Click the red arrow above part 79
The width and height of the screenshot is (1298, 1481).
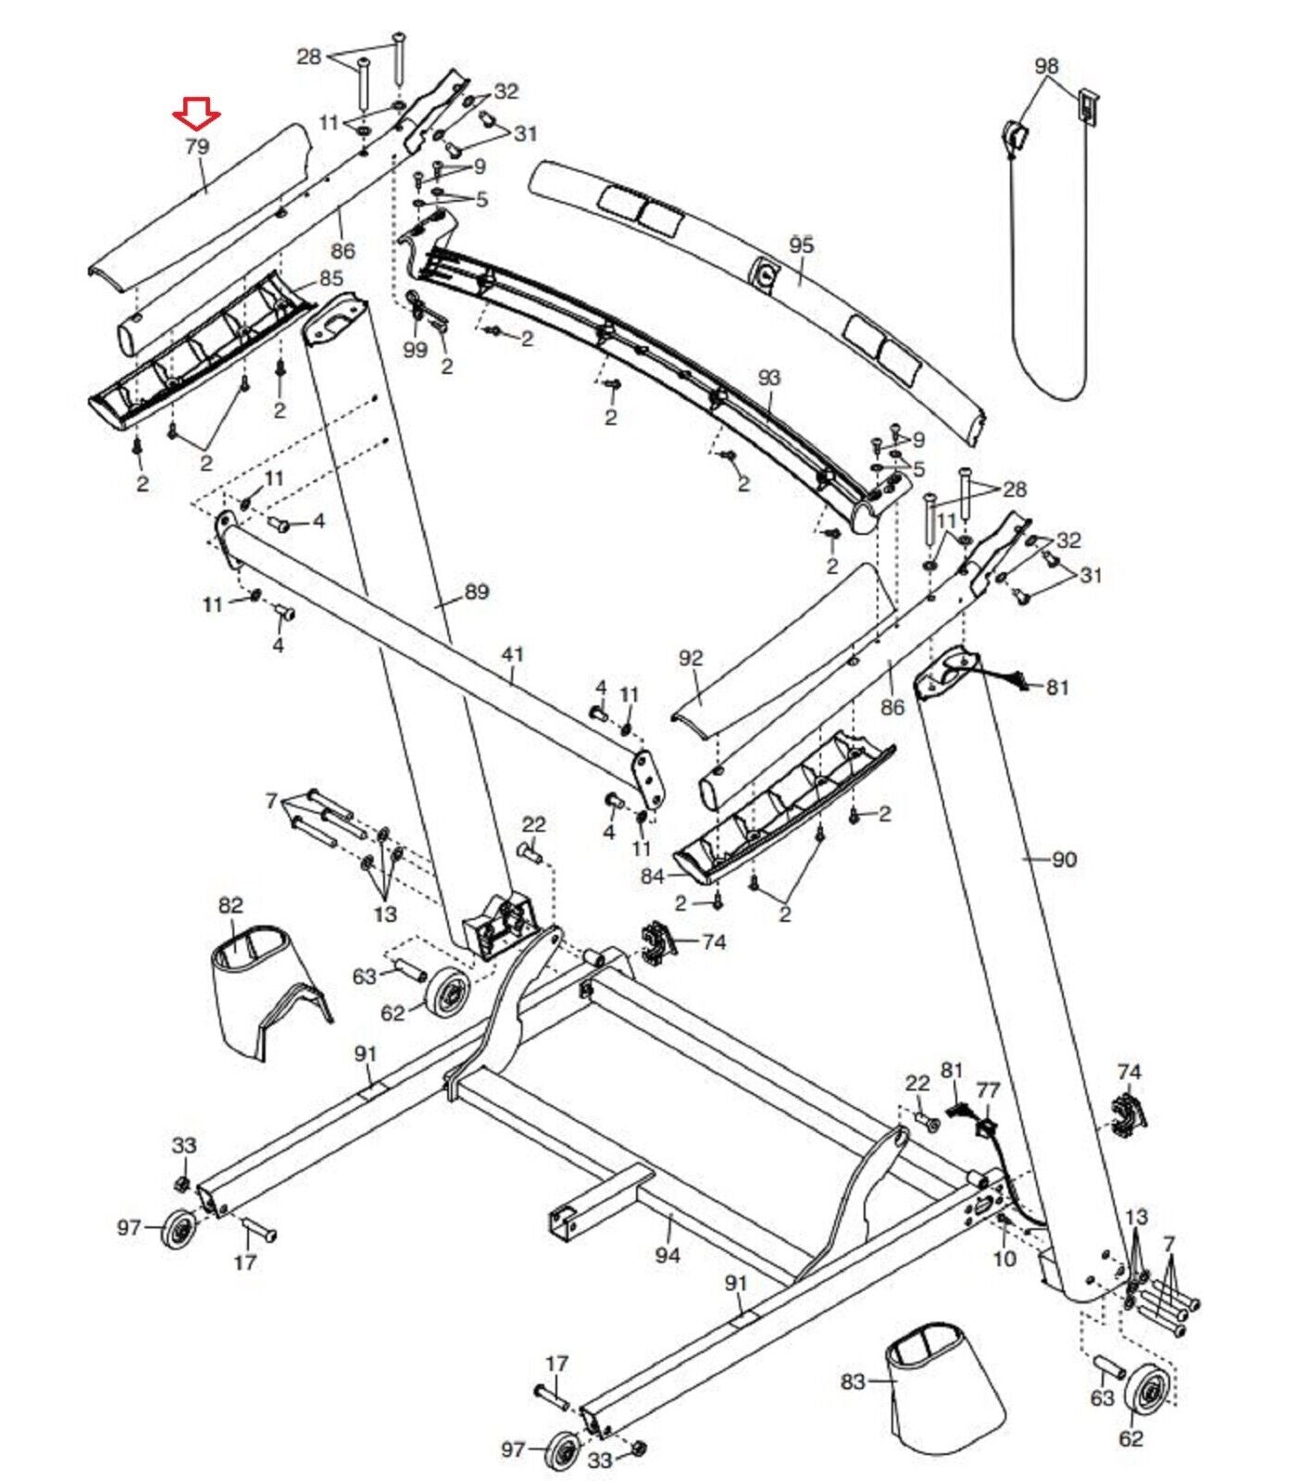pyautogui.click(x=196, y=114)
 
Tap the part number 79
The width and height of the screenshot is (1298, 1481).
pyautogui.click(x=196, y=146)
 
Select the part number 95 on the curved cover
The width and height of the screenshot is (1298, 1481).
pyautogui.click(x=801, y=245)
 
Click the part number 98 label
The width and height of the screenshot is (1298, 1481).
pyautogui.click(x=1046, y=67)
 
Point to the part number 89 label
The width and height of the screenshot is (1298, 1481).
pyautogui.click(x=476, y=591)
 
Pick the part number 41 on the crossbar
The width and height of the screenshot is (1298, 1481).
pyautogui.click(x=512, y=654)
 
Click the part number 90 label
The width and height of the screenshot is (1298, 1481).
pyautogui.click(x=1064, y=859)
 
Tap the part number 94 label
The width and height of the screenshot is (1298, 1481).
pyautogui.click(x=667, y=1255)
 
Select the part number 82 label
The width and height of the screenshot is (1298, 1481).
pyautogui.click(x=231, y=905)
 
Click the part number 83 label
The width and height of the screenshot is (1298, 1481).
pyautogui.click(x=853, y=1382)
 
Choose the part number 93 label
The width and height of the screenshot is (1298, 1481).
pyautogui.click(x=768, y=378)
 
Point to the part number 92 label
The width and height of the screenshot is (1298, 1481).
pyautogui.click(x=691, y=658)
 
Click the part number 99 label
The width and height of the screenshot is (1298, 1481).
pyautogui.click(x=416, y=349)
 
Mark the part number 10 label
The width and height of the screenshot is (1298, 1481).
pyautogui.click(x=1004, y=1259)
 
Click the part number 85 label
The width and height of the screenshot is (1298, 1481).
pyautogui.click(x=331, y=278)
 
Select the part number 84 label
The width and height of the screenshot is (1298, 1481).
pyautogui.click(x=653, y=876)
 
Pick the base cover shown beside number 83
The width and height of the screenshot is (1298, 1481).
pyautogui.click(x=944, y=1388)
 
